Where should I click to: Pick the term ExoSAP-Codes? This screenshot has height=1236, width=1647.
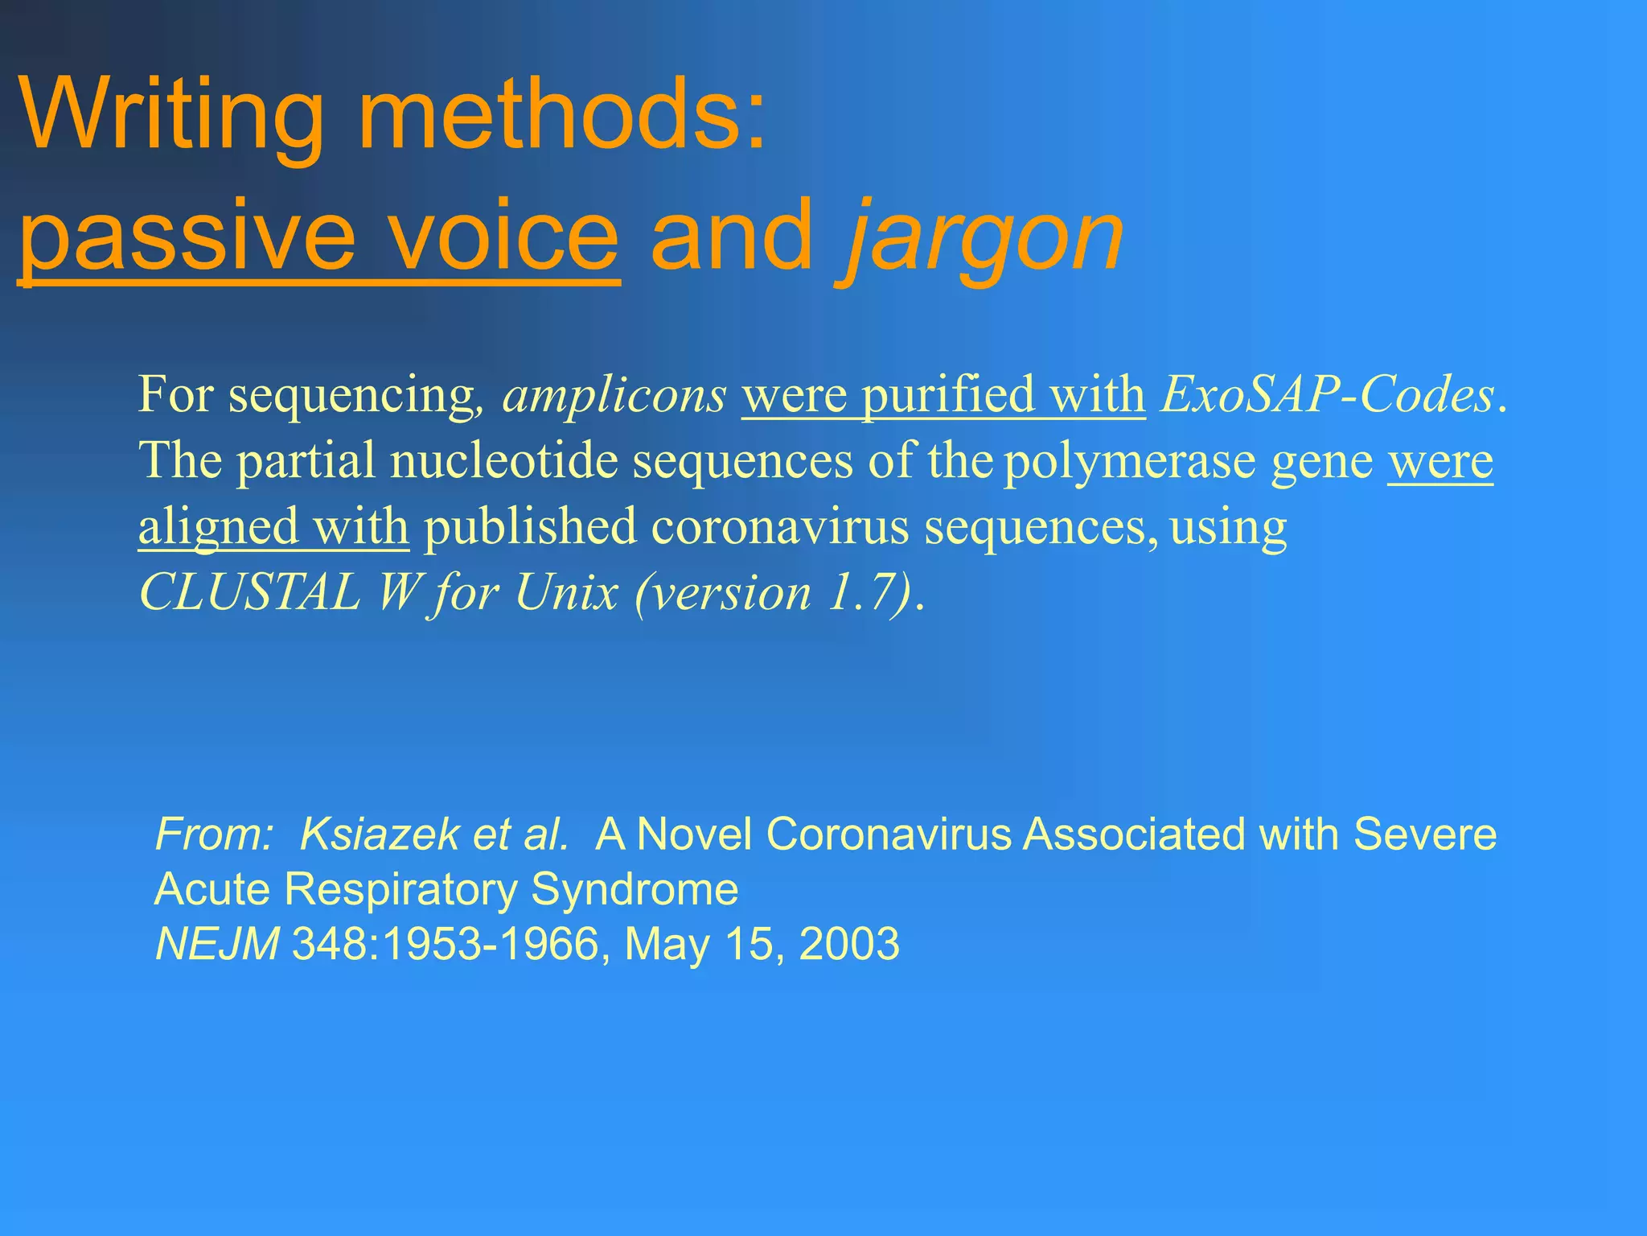[x=1327, y=395]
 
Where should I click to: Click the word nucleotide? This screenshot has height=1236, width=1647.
[x=503, y=461]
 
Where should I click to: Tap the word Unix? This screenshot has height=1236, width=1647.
[x=566, y=593]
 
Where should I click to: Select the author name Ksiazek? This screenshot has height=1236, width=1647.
[x=378, y=834]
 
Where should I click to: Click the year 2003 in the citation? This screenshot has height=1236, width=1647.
[x=849, y=944]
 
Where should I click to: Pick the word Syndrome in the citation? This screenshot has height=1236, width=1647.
[x=635, y=889]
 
